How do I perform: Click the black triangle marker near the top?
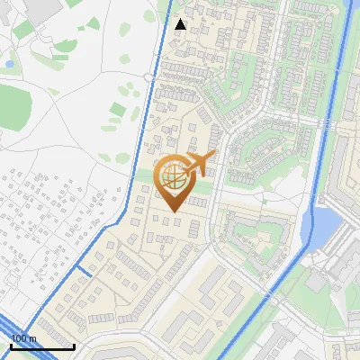click(x=180, y=24)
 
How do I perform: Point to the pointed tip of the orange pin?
click(x=173, y=212)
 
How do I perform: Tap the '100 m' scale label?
click(x=24, y=338)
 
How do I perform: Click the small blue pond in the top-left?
click(x=8, y=65)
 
